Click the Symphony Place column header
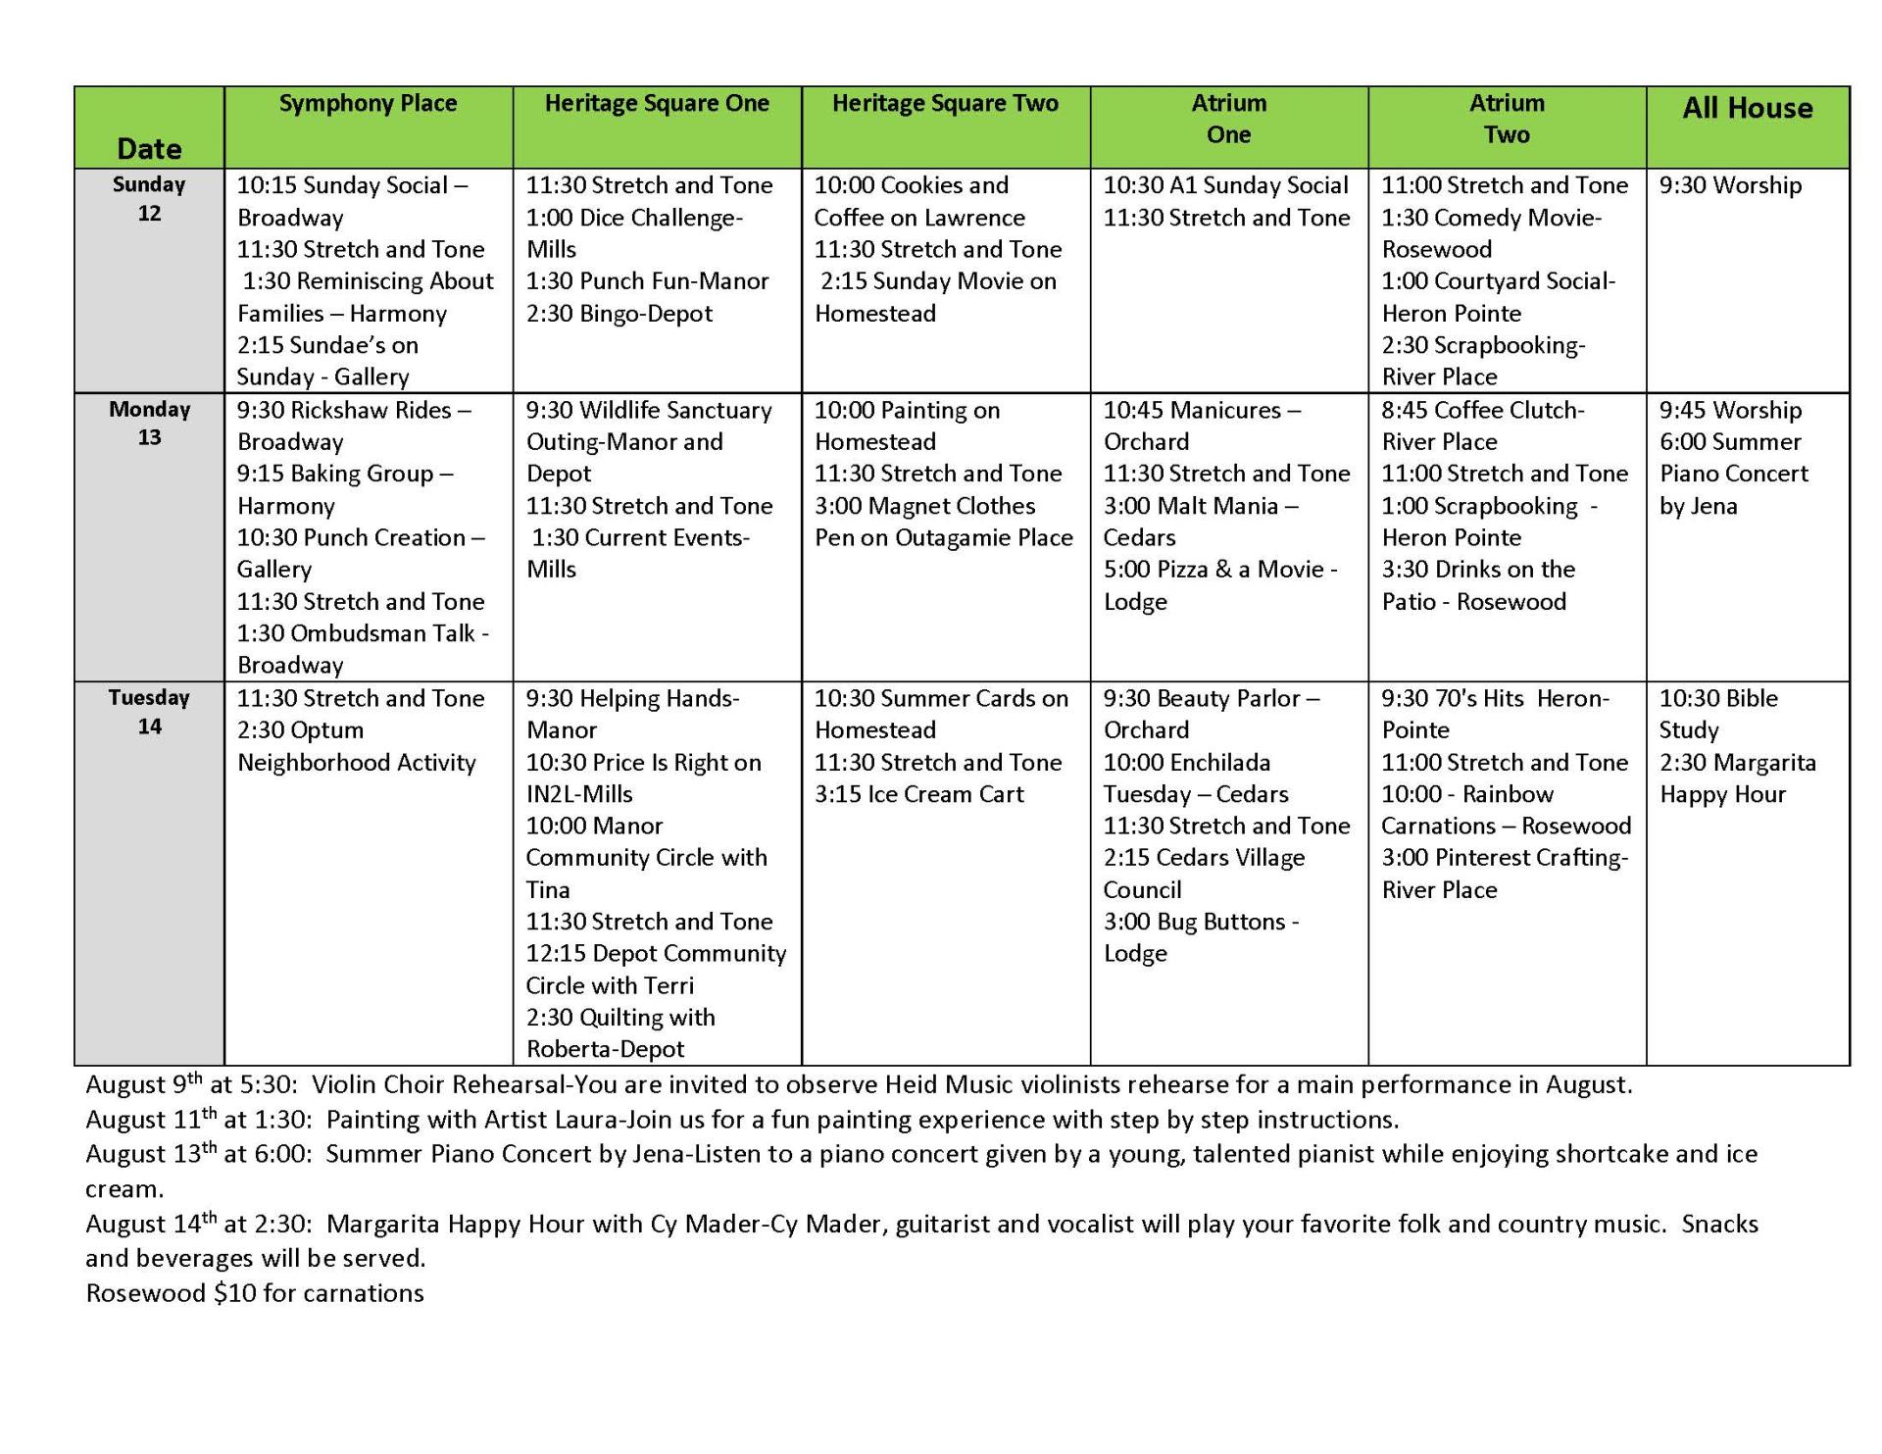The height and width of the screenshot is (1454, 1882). coord(368,104)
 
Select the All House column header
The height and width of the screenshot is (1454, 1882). coord(1747,109)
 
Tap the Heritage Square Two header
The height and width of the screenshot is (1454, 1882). coord(945,104)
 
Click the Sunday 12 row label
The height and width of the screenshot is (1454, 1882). coord(149,198)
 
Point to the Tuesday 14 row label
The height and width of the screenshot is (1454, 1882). coord(149,712)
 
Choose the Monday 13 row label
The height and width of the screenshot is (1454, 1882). coord(149,423)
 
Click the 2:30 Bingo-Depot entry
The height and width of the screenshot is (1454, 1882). coord(619,314)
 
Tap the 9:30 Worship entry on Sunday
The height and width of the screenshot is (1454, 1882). coord(1730,185)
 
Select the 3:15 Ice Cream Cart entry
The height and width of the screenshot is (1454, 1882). coord(918,794)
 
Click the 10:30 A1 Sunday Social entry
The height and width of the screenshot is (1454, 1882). coord(1225,185)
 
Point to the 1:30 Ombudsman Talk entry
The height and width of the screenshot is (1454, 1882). coord(362,649)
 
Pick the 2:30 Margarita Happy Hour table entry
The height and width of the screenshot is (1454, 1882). coord(1737,778)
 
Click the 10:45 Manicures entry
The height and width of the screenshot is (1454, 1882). coord(1202,426)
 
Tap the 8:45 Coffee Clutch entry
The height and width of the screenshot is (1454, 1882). coord(1482,426)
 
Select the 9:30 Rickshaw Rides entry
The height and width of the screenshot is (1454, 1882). coord(353,426)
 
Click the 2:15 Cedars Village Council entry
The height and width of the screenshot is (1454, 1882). coord(1204,874)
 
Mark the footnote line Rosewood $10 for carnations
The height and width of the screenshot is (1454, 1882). coord(255,1293)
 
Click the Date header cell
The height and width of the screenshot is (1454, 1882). coord(149,148)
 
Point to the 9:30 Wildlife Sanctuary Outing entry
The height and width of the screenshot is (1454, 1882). coord(648,441)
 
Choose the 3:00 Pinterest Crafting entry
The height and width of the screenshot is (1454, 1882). coord(1504,874)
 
